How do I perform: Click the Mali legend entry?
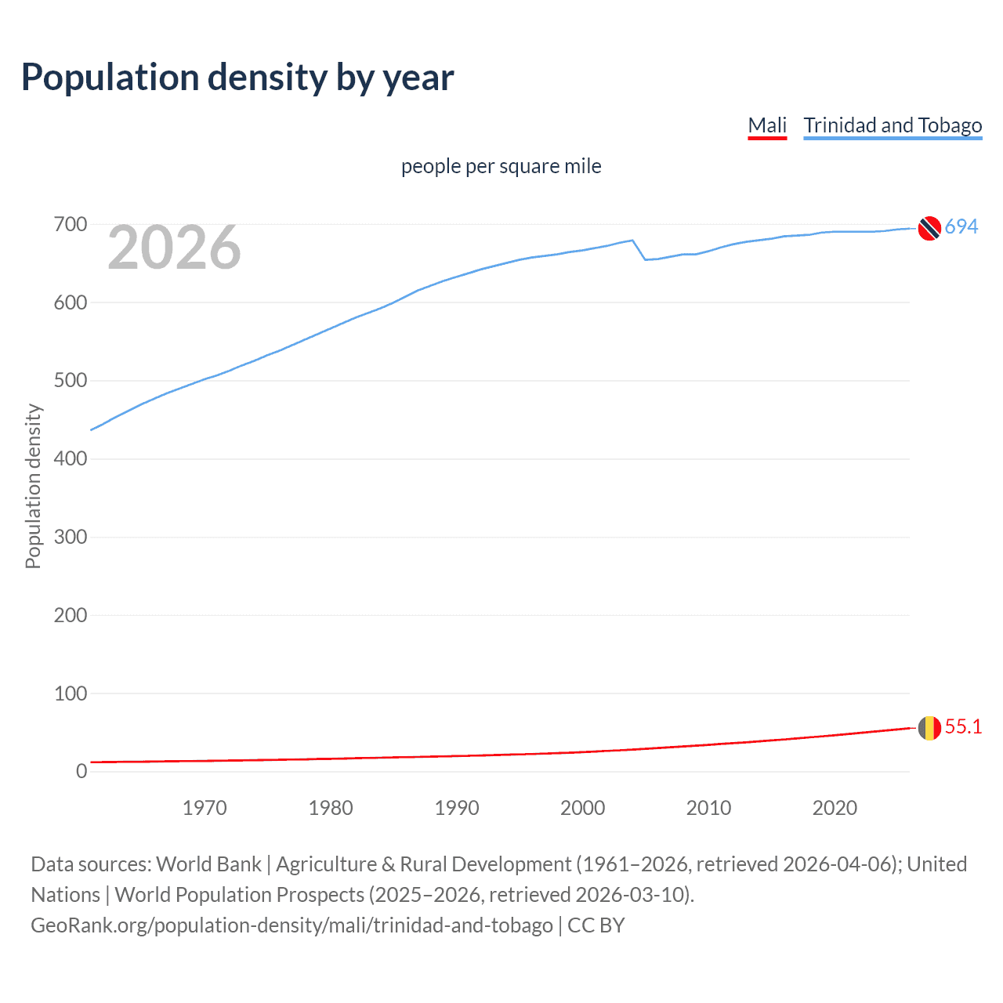767,125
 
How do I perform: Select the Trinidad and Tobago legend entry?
893,125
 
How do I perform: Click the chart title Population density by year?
237,78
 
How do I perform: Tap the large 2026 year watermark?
174,248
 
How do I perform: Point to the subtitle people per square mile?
501,166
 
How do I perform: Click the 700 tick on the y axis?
71,225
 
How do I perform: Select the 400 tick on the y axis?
71,459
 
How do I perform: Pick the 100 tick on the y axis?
71,693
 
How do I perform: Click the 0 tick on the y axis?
81,772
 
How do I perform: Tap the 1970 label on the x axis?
205,808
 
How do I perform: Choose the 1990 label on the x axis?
457,808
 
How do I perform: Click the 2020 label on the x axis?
835,808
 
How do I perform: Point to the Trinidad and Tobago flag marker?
929,228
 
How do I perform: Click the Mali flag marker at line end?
929,728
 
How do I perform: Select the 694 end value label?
961,226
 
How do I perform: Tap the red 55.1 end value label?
963,726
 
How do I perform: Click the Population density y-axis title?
33,486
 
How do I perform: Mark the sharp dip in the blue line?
645,259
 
